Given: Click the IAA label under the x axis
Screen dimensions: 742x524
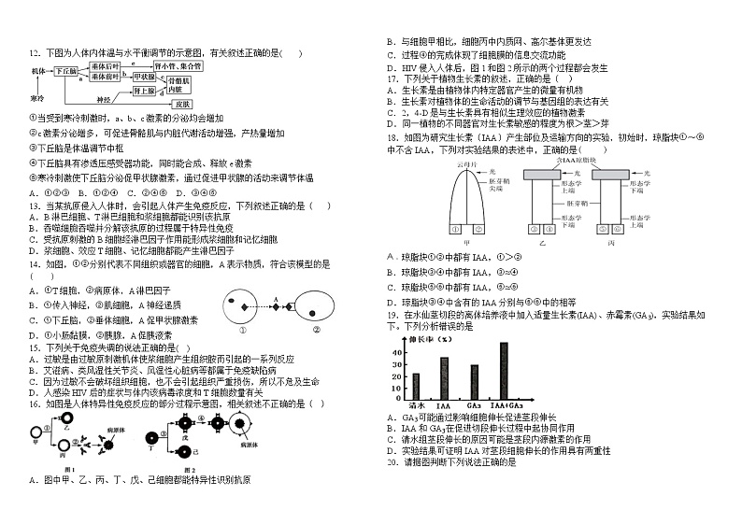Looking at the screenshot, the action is [444, 406].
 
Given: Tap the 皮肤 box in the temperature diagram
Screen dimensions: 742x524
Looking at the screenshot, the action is [183, 104].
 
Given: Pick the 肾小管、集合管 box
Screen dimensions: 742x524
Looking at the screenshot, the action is [178, 66].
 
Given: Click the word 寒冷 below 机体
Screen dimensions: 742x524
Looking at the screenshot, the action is [37, 97].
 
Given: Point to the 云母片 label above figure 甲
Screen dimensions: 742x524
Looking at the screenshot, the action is [466, 164].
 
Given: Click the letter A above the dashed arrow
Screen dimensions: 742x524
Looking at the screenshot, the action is [275, 300].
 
